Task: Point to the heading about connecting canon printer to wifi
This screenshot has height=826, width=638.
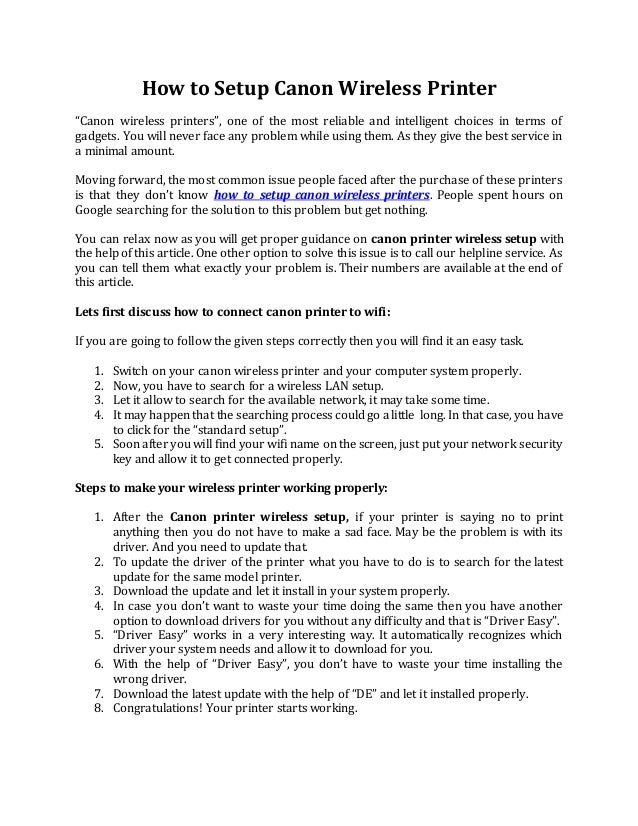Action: pyautogui.click(x=233, y=307)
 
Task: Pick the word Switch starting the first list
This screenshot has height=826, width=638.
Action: pyautogui.click(x=133, y=370)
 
